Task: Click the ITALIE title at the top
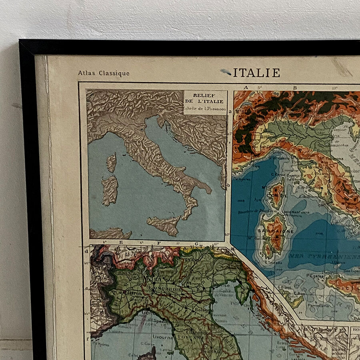click(256, 73)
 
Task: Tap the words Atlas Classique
click(104, 73)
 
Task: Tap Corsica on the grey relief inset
click(111, 162)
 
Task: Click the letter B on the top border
click(295, 87)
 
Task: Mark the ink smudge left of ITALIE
click(226, 72)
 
